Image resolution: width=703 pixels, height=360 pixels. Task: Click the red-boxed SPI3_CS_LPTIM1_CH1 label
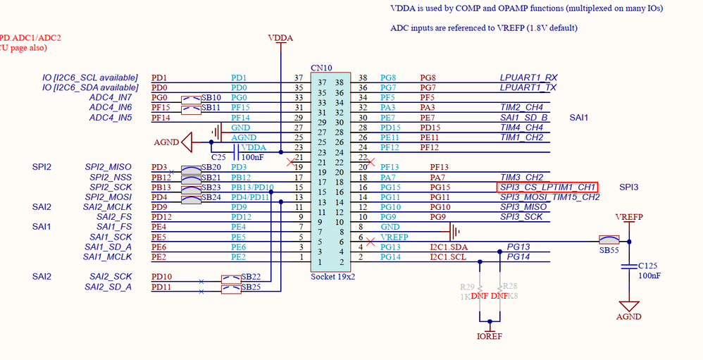[x=547, y=187]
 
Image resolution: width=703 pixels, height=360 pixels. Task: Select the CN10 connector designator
[x=322, y=68]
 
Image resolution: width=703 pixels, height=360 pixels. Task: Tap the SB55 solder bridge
[x=609, y=240]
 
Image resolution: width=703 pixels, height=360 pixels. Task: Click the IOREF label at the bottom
[x=490, y=336]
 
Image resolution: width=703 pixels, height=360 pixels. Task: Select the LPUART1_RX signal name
[x=528, y=77]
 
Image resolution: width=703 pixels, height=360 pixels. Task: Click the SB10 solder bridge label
[x=211, y=97]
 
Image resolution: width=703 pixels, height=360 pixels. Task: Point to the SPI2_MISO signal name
[x=108, y=167]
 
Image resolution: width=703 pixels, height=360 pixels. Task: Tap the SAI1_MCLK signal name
[x=108, y=256]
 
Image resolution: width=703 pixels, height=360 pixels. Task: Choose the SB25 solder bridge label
[x=251, y=287]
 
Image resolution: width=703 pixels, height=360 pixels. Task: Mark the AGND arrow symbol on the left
[x=187, y=142]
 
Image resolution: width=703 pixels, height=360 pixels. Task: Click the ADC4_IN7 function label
[x=111, y=97]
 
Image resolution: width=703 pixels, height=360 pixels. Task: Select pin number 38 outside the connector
[x=363, y=77]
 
